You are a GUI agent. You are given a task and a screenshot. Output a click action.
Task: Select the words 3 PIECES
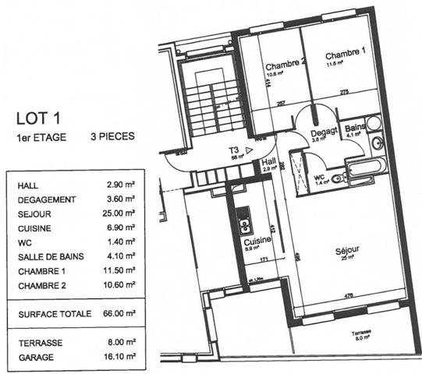112,136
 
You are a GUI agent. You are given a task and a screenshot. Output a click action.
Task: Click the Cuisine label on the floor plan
247,242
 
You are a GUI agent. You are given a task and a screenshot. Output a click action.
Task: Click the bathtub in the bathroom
364,166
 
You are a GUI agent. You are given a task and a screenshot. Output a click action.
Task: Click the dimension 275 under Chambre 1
344,93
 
